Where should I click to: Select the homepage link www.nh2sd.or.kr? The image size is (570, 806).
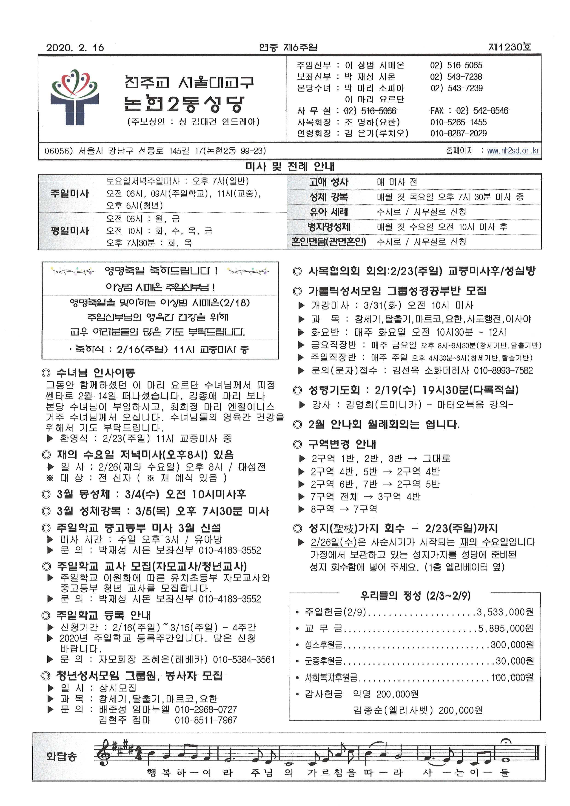(513, 151)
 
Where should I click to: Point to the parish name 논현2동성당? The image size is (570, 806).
(184, 104)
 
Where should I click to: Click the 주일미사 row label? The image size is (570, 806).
(70, 193)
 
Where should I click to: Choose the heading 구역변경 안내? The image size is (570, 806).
(342, 444)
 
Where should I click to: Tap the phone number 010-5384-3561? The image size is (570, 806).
(244, 659)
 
